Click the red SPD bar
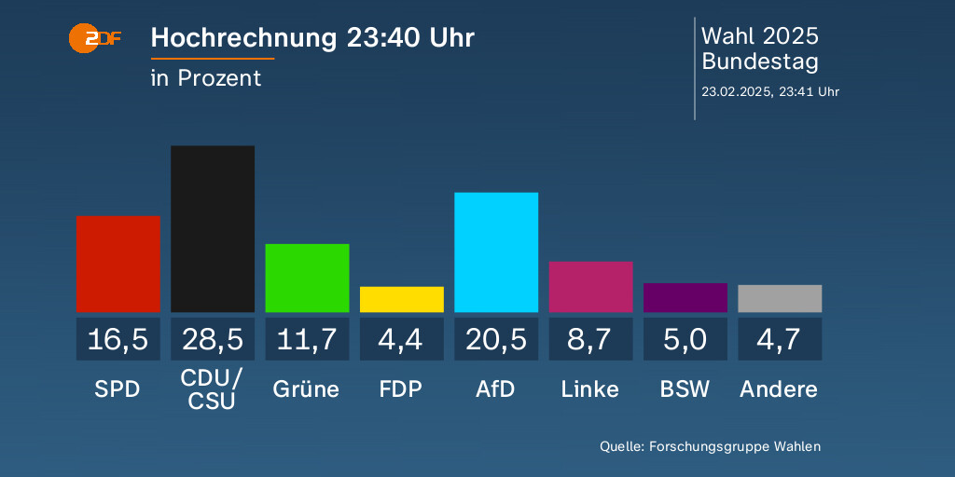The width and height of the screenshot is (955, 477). [x=118, y=264]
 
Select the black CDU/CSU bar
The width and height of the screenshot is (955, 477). [x=213, y=228]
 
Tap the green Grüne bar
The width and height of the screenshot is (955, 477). [x=307, y=278]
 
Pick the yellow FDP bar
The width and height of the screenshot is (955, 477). [x=402, y=299]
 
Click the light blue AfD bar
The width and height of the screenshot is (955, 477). [x=496, y=252]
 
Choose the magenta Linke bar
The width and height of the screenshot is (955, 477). [x=590, y=287]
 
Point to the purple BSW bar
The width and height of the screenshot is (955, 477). [x=685, y=297]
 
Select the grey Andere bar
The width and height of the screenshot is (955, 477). [x=780, y=298]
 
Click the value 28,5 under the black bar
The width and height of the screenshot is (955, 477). [x=213, y=339]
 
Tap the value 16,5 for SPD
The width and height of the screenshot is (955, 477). [x=118, y=339]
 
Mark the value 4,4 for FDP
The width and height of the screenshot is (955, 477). [x=402, y=339]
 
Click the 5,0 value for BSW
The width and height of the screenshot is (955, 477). [x=685, y=339]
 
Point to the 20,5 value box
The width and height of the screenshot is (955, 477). [x=496, y=339]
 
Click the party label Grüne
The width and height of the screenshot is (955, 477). [x=307, y=388]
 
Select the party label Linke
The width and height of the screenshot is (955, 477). [x=590, y=388]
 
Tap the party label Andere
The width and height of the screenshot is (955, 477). [x=779, y=388]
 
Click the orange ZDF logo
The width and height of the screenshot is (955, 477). [x=94, y=39]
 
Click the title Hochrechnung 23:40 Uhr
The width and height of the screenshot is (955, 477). [x=312, y=38]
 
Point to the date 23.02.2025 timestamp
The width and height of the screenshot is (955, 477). [x=770, y=91]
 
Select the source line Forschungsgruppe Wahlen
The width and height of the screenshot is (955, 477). [x=710, y=446]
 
